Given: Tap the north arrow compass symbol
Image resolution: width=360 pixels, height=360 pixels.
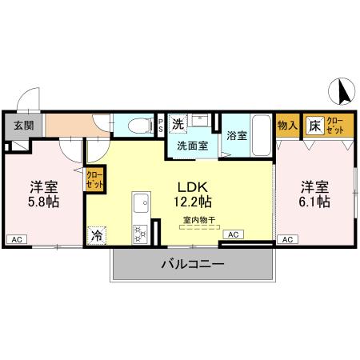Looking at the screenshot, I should click(343, 93).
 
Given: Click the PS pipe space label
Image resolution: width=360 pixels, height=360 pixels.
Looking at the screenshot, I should click(161, 125).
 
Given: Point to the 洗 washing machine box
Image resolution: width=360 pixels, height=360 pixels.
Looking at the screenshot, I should click(178, 123).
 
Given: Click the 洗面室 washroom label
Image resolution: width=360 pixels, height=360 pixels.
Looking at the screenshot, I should click(192, 147).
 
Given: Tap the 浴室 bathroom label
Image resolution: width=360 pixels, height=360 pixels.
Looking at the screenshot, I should click(237, 134).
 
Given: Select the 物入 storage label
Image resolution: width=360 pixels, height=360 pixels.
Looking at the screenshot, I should click(287, 125).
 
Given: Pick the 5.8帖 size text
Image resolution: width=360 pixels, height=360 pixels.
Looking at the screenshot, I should click(45, 202).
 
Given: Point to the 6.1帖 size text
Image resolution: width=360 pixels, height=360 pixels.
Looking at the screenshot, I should click(315, 202).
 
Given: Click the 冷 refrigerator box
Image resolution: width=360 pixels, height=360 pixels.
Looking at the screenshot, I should click(97, 235).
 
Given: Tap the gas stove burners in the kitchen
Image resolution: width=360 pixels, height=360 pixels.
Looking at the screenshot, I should click(139, 233).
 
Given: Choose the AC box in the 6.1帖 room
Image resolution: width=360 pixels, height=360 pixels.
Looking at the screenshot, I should click(287, 238).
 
